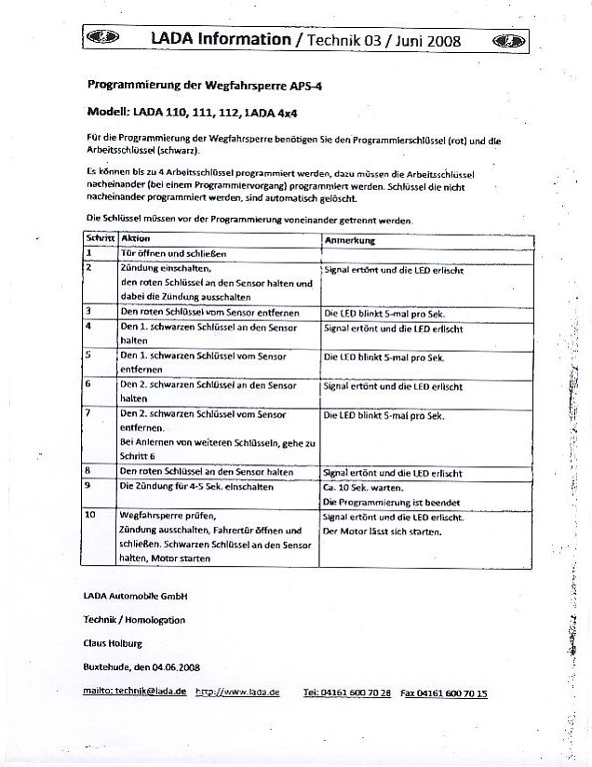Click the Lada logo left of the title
97,39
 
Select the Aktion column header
136,239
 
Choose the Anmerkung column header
349,240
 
